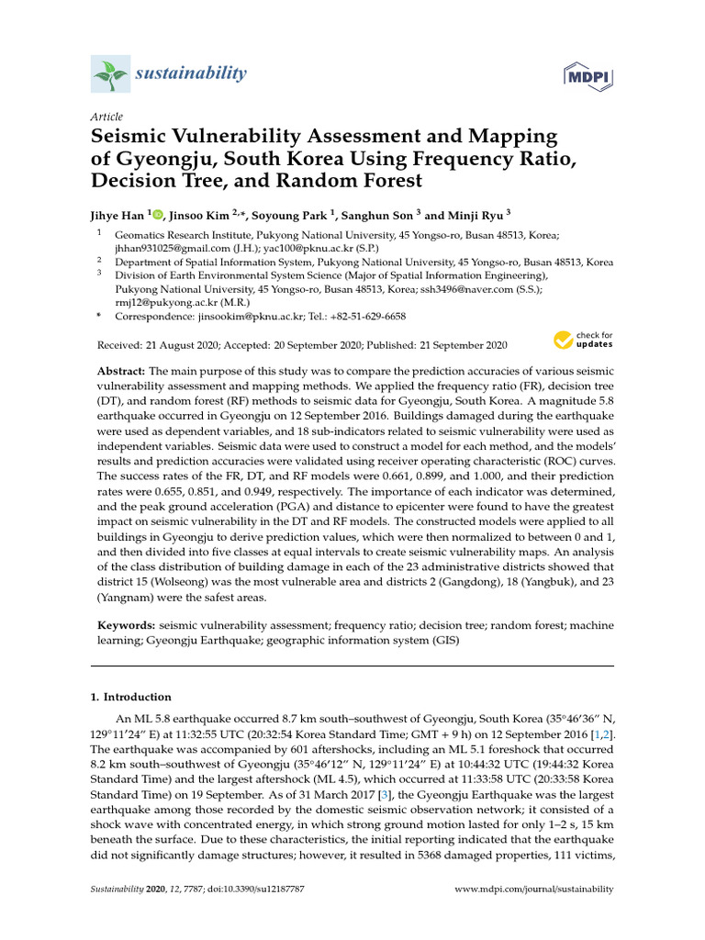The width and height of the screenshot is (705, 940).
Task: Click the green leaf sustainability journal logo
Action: tap(109, 73)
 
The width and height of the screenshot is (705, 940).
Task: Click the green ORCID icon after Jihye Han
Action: tap(157, 214)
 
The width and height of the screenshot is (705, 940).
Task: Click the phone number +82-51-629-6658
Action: tap(364, 316)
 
